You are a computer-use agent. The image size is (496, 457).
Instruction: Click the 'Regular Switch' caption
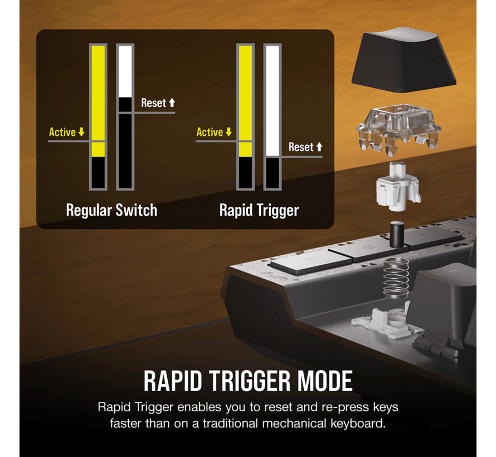point(111,210)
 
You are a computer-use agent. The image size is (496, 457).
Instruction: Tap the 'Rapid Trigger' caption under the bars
point(259,210)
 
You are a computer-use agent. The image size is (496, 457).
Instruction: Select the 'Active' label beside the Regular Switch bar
point(62,132)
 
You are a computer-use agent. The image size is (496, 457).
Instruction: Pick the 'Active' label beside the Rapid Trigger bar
point(210,132)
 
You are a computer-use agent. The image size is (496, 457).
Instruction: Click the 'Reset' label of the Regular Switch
point(153,103)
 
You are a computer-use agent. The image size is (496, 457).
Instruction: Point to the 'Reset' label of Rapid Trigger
point(301,147)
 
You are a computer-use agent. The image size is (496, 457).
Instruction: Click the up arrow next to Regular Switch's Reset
point(172,103)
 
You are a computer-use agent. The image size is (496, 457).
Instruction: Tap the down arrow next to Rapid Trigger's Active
point(228,132)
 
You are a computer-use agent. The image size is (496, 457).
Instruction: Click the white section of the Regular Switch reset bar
point(125,71)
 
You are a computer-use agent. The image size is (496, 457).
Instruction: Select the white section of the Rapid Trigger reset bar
point(273,101)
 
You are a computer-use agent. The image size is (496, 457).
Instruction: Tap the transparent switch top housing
point(398,129)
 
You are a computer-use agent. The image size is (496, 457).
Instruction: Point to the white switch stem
point(398,186)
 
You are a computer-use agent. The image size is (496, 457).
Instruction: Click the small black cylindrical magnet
point(397,234)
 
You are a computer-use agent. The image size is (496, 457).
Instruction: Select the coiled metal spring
point(396,278)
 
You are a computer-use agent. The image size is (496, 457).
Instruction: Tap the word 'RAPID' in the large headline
point(173,381)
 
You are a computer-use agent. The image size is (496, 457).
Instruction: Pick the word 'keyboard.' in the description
point(358,423)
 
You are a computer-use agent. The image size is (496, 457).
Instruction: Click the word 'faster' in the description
point(126,423)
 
